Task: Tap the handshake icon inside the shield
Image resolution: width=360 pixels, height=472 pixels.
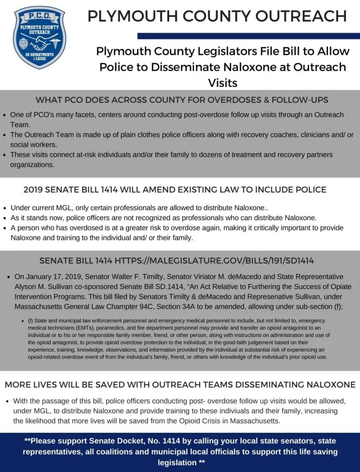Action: (39, 42)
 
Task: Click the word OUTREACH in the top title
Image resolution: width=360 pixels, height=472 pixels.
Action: (301, 16)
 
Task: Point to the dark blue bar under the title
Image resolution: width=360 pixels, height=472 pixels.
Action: (248, 36)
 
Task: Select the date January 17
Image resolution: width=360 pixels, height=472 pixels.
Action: (52, 277)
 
